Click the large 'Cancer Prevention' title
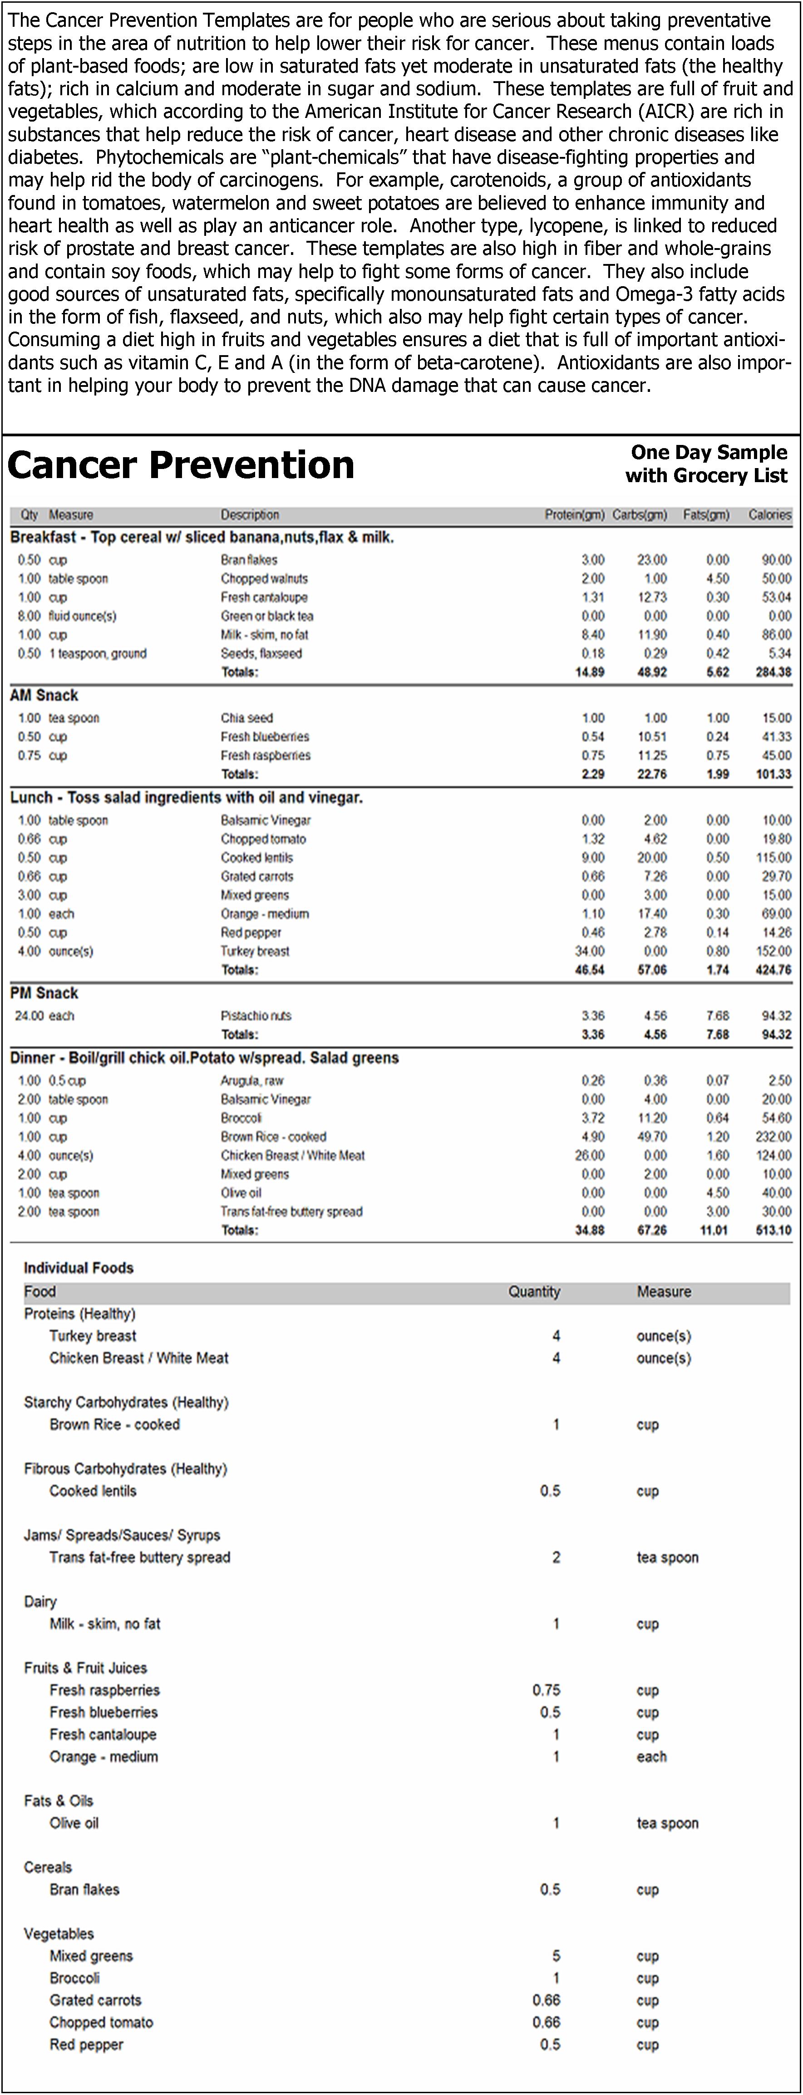pos(181,466)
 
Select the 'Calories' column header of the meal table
pos(769,515)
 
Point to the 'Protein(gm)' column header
pos(574,515)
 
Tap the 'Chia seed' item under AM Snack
pos(246,718)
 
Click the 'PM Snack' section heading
pos(44,993)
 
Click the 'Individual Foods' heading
pos(78,1268)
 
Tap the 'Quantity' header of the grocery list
pos(534,1291)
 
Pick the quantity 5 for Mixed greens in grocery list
pos(556,1956)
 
